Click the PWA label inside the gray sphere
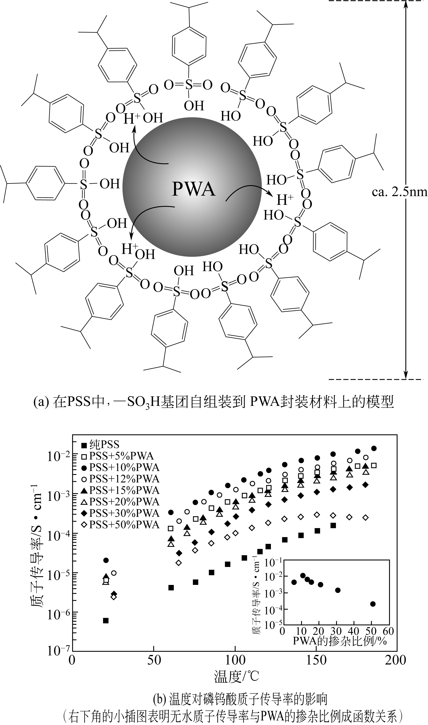tap(194, 189)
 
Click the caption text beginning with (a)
tap(214, 402)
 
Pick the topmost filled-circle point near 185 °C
tap(374, 448)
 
